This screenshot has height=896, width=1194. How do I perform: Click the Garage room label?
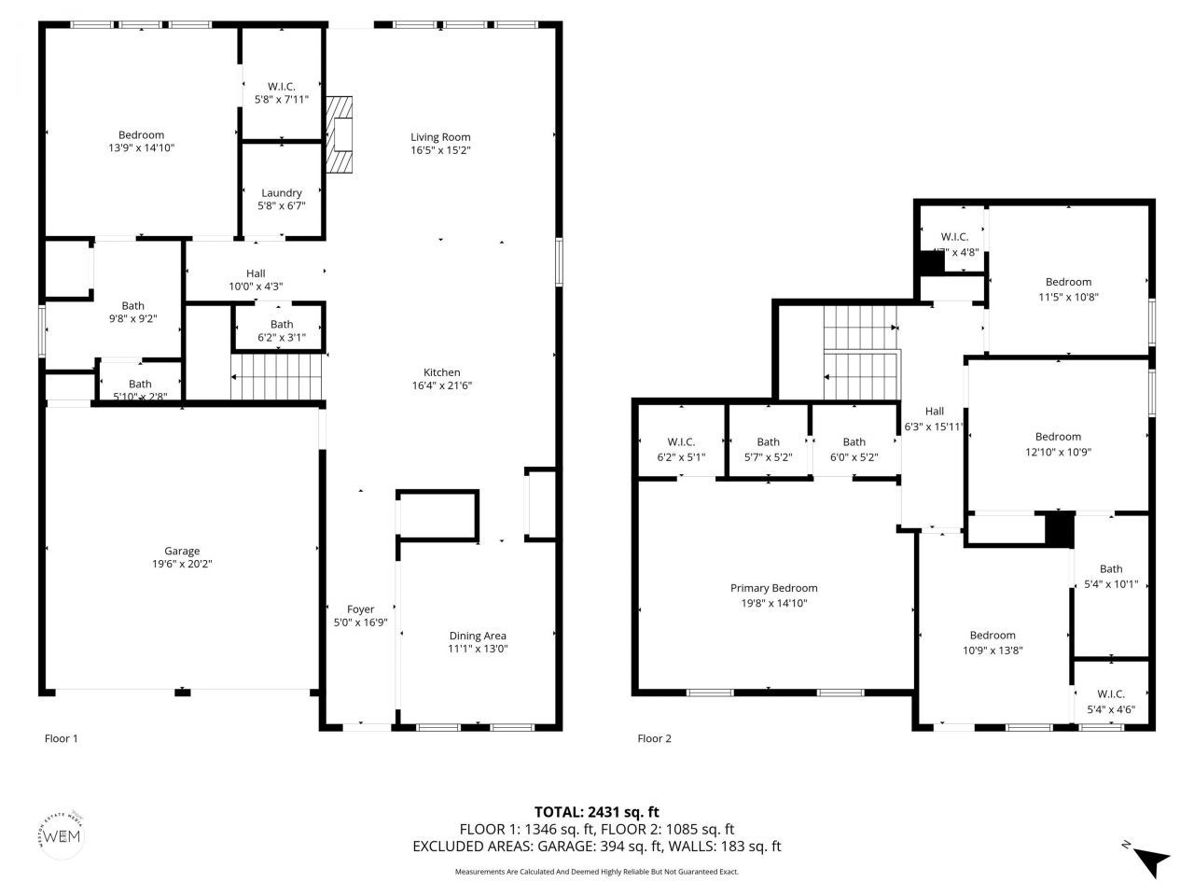pos(182,551)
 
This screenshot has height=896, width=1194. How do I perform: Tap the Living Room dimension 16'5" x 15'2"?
pos(440,150)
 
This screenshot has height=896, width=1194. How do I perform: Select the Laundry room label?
pos(281,193)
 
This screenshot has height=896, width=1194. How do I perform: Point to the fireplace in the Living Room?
pos(341,134)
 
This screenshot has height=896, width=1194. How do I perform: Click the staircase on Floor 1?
pos(277,376)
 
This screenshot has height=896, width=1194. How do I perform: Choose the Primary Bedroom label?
pos(773,588)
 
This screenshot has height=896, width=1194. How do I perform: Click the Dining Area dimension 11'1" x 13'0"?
pos(478,650)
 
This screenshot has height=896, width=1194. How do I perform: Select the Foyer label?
pos(360,609)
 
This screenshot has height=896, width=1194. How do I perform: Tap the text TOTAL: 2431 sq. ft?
pos(596,812)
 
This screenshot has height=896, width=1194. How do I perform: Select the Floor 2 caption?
pos(654,738)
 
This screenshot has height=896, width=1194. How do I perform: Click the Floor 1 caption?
pos(62,738)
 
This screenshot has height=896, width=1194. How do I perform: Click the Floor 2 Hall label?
pos(934,412)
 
